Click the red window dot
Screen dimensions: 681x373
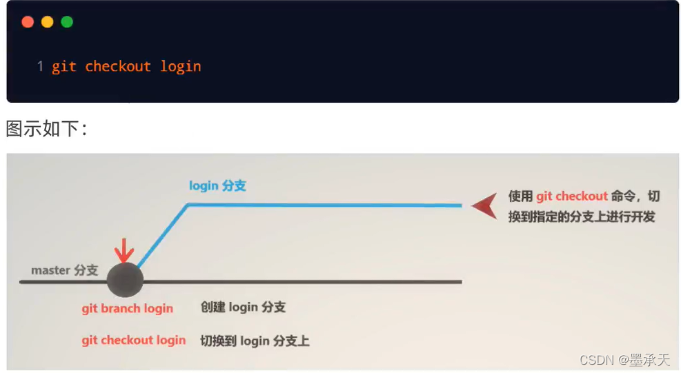tap(28, 22)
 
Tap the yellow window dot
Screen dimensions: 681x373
tap(47, 22)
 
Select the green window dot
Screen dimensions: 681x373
tap(67, 22)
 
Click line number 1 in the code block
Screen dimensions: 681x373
tap(41, 66)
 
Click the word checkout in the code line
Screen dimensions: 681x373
tap(118, 66)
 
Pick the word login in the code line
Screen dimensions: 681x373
tap(181, 66)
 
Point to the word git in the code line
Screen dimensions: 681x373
tap(63, 66)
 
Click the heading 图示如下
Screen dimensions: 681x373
tap(46, 128)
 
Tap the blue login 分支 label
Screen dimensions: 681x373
tap(217, 185)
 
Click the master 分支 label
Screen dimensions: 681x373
tap(64, 270)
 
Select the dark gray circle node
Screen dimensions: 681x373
tap(125, 280)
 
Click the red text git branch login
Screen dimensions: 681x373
tap(127, 308)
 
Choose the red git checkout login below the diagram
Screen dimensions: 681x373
tap(133, 340)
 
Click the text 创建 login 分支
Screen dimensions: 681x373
tap(243, 308)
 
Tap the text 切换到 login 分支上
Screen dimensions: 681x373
tap(255, 340)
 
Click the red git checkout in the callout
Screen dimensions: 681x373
tap(572, 196)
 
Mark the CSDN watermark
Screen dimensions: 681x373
tap(624, 360)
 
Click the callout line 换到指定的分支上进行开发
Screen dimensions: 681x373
tap(581, 216)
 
